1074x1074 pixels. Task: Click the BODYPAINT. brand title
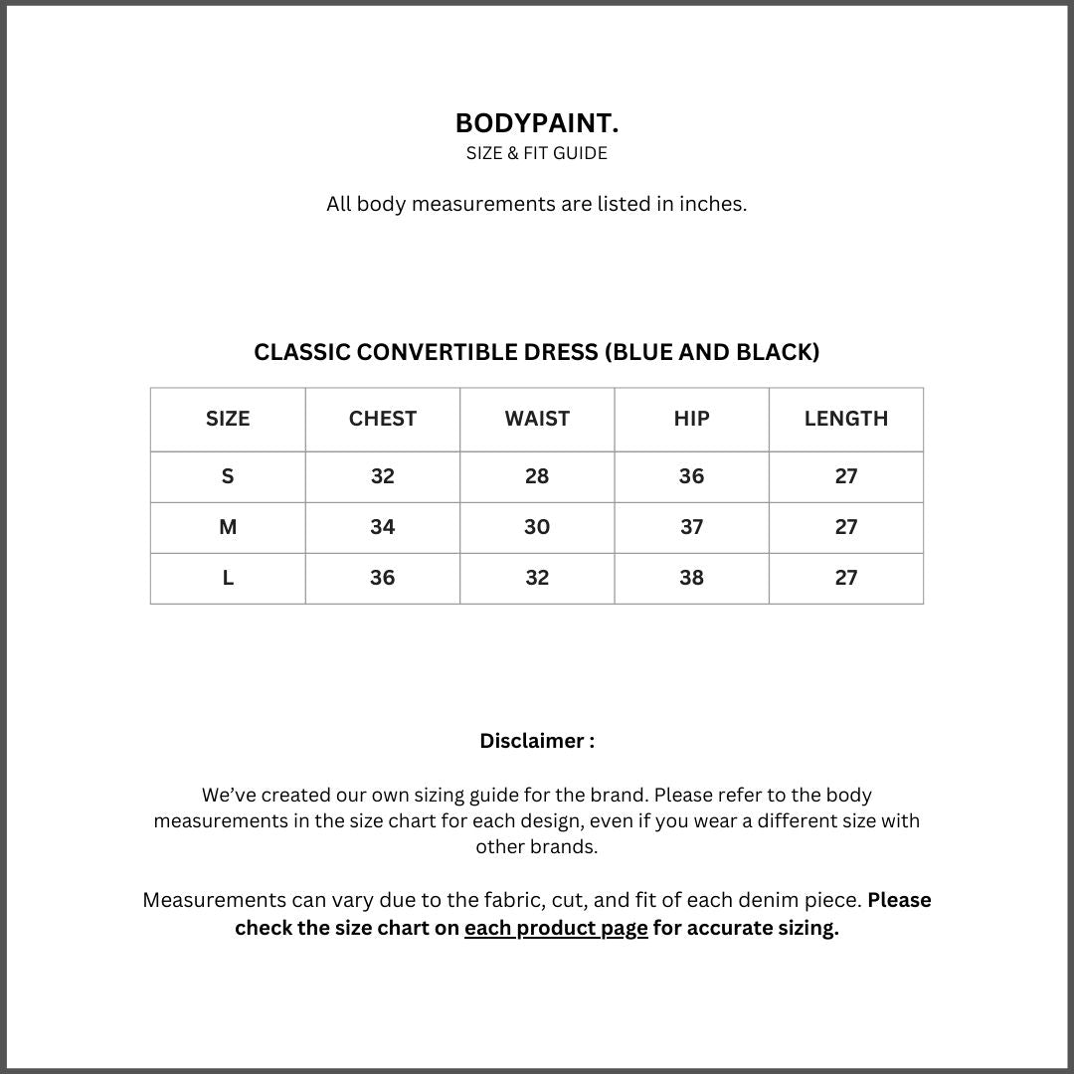pos(537,123)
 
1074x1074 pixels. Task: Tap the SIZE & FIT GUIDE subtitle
pos(537,153)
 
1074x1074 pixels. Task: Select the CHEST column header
pos(383,419)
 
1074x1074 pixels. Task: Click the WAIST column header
pos(537,419)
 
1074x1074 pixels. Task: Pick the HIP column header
pos(691,419)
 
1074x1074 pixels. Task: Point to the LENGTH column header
pos(846,419)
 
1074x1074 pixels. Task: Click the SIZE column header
pos(228,419)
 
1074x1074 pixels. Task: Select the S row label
pos(228,476)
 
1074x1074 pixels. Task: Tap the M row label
pos(228,527)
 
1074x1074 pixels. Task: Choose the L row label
pos(228,578)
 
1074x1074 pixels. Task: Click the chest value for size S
pos(383,476)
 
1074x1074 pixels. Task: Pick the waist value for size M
pos(537,527)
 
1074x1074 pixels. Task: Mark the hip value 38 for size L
pos(691,578)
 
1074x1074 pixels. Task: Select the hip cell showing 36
pos(691,476)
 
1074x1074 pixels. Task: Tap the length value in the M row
pos(846,527)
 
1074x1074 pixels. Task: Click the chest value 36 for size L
pos(383,578)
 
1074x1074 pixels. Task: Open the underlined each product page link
pos(556,928)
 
